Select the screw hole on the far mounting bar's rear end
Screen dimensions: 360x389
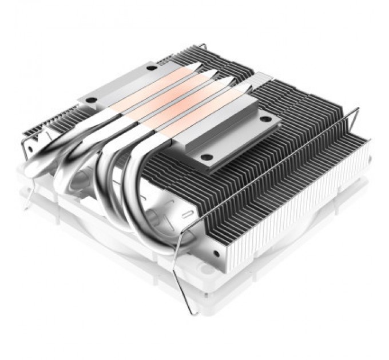point(151,67)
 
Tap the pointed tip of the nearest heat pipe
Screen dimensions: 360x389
point(248,87)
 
